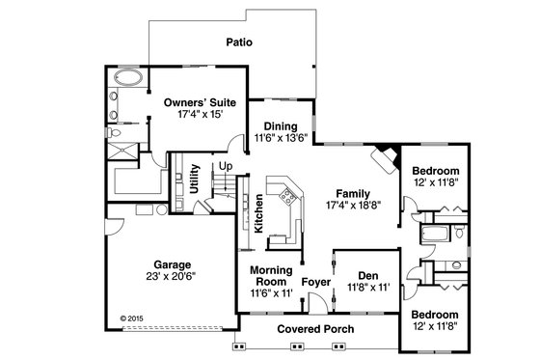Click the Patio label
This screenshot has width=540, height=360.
239,42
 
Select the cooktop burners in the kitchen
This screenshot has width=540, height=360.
286,200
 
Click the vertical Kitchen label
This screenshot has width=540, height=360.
258,214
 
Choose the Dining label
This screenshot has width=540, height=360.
281,125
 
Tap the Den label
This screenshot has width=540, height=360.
365,274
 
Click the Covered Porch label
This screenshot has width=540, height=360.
315,329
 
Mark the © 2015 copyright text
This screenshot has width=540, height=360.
129,314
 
